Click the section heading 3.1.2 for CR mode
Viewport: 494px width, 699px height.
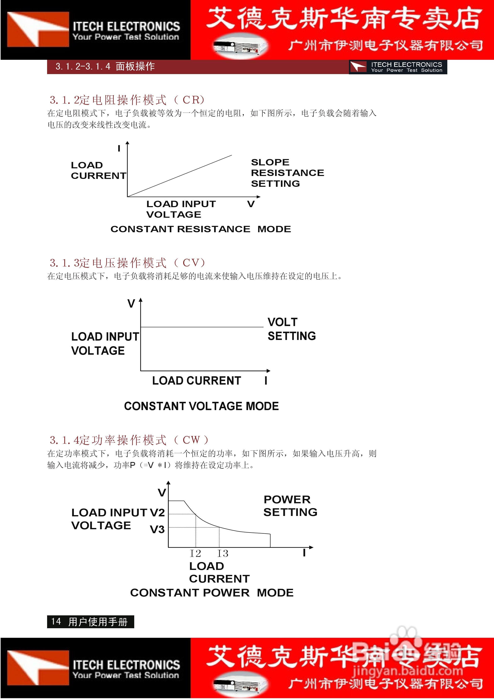click(x=127, y=100)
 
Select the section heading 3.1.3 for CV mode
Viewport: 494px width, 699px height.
click(x=127, y=263)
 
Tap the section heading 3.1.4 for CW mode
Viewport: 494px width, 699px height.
click(x=129, y=440)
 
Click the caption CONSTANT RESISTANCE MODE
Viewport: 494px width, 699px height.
click(x=201, y=229)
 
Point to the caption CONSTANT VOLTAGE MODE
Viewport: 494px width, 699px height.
click(x=201, y=406)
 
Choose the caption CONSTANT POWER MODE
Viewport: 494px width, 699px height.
click(x=212, y=593)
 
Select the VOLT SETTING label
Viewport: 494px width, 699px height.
click(x=291, y=329)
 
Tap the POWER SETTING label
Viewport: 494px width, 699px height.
click(x=290, y=506)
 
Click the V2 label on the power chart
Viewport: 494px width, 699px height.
click(x=157, y=513)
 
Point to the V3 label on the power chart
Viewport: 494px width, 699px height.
click(x=157, y=530)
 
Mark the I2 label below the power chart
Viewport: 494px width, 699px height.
click(x=195, y=554)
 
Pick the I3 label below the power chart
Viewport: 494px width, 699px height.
click(x=223, y=554)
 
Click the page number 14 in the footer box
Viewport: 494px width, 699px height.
click(x=56, y=621)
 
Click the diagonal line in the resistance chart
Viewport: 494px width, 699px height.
click(x=180, y=176)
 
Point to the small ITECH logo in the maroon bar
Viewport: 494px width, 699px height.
click(x=358, y=67)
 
